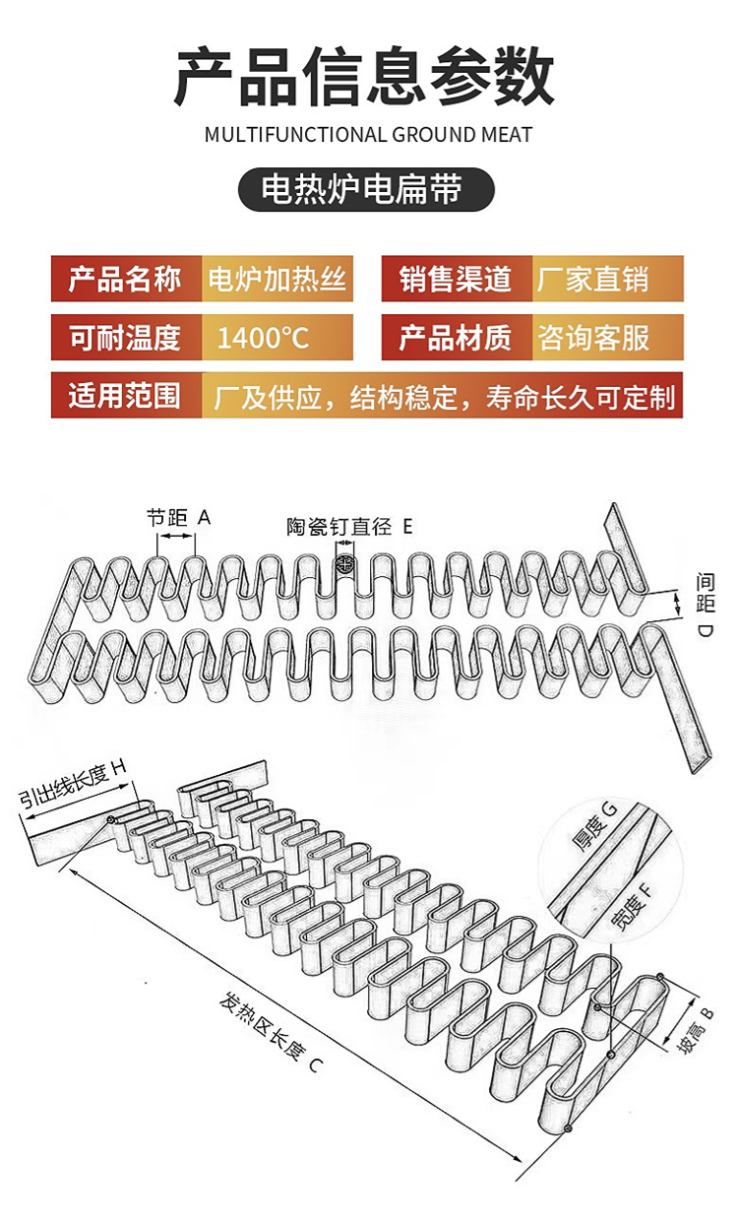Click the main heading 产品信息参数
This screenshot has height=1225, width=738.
click(x=365, y=76)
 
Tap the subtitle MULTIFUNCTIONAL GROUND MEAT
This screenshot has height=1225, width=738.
click(x=368, y=135)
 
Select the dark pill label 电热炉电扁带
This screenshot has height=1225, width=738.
click(x=366, y=189)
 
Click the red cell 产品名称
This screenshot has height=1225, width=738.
click(x=126, y=279)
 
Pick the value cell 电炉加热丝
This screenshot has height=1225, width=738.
click(x=277, y=279)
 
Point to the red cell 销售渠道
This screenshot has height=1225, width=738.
click(x=457, y=279)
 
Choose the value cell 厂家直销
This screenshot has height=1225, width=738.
click(x=608, y=279)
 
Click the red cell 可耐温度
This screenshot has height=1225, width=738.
click(x=126, y=337)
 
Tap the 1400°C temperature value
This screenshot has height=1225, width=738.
click(x=264, y=338)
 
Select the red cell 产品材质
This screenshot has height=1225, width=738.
click(x=457, y=337)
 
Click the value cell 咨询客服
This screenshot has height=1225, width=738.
click(x=608, y=337)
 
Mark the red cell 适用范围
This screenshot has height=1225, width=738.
click(x=126, y=395)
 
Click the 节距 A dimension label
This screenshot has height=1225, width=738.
click(x=178, y=517)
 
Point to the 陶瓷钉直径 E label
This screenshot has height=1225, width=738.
click(x=349, y=527)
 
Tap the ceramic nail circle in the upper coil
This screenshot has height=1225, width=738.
click(x=345, y=562)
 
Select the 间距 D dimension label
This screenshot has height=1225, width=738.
click(x=706, y=605)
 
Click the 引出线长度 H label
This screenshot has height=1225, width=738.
click(x=72, y=784)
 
